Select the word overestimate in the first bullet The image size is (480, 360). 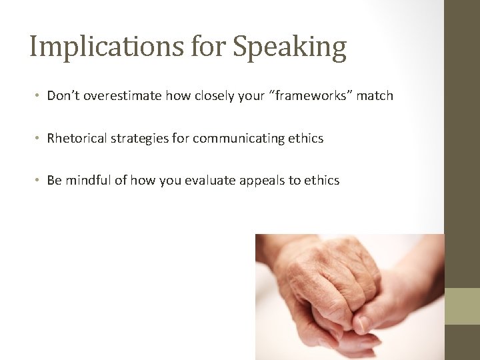coord(120,95)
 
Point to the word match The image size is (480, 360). coord(375,95)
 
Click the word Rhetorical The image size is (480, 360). coord(75,138)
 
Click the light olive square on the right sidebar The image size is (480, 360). coord(462,306)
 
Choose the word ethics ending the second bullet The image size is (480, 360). coord(306,138)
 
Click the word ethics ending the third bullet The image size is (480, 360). coord(322,180)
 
